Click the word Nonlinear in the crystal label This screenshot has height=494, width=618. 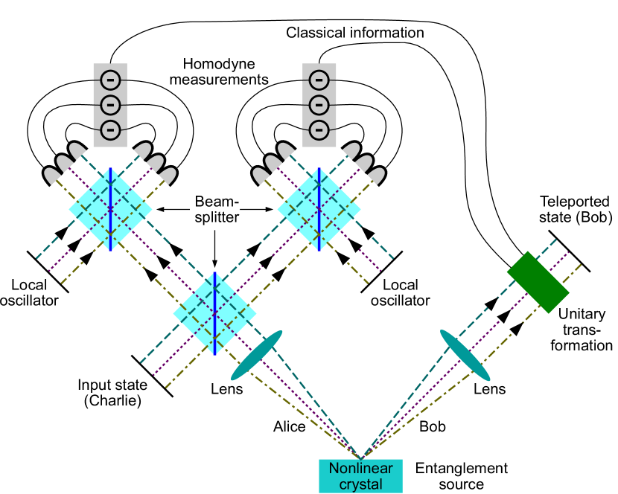(360, 469)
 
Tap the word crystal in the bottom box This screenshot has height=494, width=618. (360, 484)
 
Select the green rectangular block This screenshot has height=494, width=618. (538, 282)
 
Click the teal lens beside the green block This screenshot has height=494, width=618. (465, 356)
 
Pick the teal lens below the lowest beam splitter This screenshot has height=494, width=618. (257, 356)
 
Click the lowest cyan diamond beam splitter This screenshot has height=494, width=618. (214, 313)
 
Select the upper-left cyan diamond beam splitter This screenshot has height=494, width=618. (110, 209)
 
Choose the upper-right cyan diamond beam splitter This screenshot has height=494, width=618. (319, 209)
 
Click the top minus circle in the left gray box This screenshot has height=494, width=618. (110, 79)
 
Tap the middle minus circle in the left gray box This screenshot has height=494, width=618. (110, 104)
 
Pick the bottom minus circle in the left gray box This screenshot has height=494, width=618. (110, 129)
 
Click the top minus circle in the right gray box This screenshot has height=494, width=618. (319, 79)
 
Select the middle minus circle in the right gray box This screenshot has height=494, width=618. (319, 104)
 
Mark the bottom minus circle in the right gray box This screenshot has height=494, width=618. (319, 129)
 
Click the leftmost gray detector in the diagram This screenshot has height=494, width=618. (52, 176)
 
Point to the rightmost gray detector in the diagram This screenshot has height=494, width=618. (377, 176)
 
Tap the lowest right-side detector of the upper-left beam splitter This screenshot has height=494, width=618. (168, 176)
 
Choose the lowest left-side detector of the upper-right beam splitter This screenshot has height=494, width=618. (261, 176)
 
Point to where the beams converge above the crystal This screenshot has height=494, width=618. (360, 456)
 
